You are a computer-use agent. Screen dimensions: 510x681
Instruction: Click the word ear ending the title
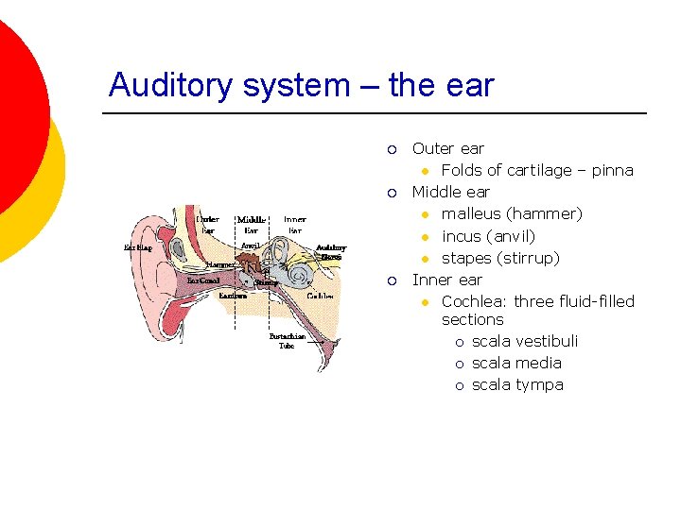(472, 86)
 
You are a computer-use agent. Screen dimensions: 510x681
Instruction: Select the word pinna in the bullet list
(613, 171)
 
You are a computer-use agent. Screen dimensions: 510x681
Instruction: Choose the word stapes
(465, 258)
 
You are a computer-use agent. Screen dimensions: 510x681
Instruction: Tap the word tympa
(541, 384)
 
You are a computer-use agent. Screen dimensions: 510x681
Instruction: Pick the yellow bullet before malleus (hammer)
(426, 214)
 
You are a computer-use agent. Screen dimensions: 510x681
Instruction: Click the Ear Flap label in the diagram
(138, 248)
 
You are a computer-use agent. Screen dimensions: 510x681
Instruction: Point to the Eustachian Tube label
(287, 341)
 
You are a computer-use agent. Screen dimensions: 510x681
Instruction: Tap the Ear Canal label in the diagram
(203, 280)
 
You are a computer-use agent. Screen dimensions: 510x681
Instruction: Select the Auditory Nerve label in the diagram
(330, 252)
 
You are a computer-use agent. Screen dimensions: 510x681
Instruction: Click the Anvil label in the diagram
(250, 246)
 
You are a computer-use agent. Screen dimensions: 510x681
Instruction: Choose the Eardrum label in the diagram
(233, 296)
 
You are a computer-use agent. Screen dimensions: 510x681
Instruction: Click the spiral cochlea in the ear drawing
(299, 275)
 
